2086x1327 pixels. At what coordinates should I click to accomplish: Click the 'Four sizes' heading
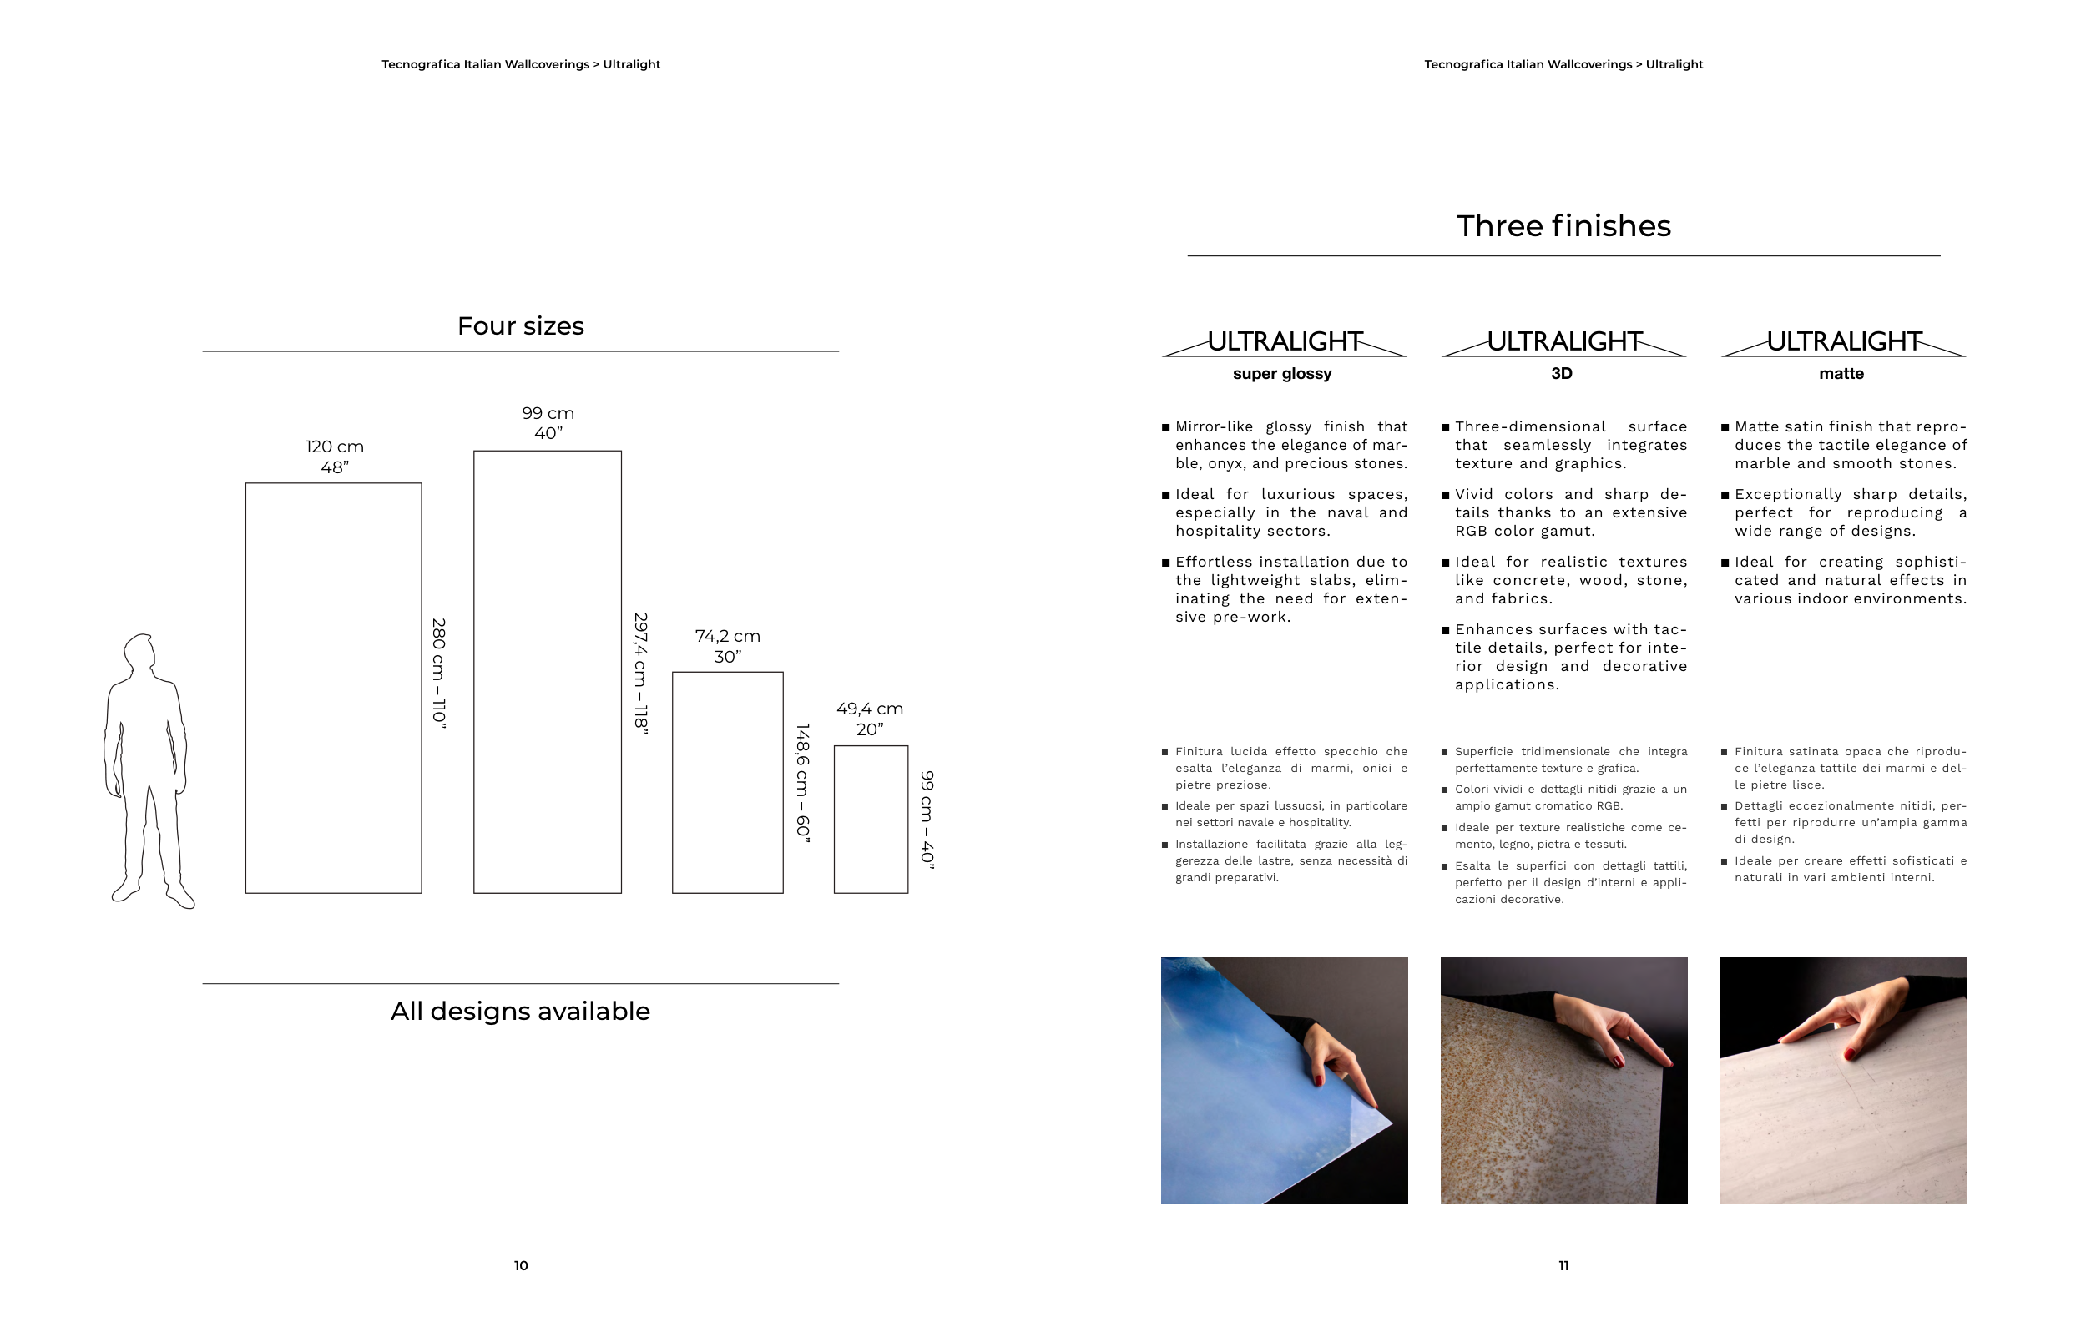521,326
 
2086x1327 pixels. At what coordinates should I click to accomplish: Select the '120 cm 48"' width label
335,457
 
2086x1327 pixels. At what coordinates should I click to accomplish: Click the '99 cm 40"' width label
548,422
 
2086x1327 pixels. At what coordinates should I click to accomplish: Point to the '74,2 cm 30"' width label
728,646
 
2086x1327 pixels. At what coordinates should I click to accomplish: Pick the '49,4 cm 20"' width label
870,719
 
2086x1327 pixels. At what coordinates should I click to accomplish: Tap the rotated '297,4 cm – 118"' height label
641,673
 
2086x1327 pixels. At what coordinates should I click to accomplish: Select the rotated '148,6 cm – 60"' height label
803,782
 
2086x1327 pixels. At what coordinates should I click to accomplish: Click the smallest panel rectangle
871,819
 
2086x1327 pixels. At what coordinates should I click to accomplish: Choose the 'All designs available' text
520,1011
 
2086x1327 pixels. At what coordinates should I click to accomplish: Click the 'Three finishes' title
1563,226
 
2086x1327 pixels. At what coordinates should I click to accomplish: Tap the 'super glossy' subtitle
1282,373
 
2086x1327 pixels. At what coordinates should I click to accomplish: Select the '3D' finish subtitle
1561,373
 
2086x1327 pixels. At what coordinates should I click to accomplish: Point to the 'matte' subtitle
1841,373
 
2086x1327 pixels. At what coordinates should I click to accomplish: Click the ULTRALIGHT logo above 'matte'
1843,341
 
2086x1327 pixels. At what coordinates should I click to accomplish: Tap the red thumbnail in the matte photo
1850,1054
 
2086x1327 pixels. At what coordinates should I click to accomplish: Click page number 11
1563,1265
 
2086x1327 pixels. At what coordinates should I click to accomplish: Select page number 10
521,1265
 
